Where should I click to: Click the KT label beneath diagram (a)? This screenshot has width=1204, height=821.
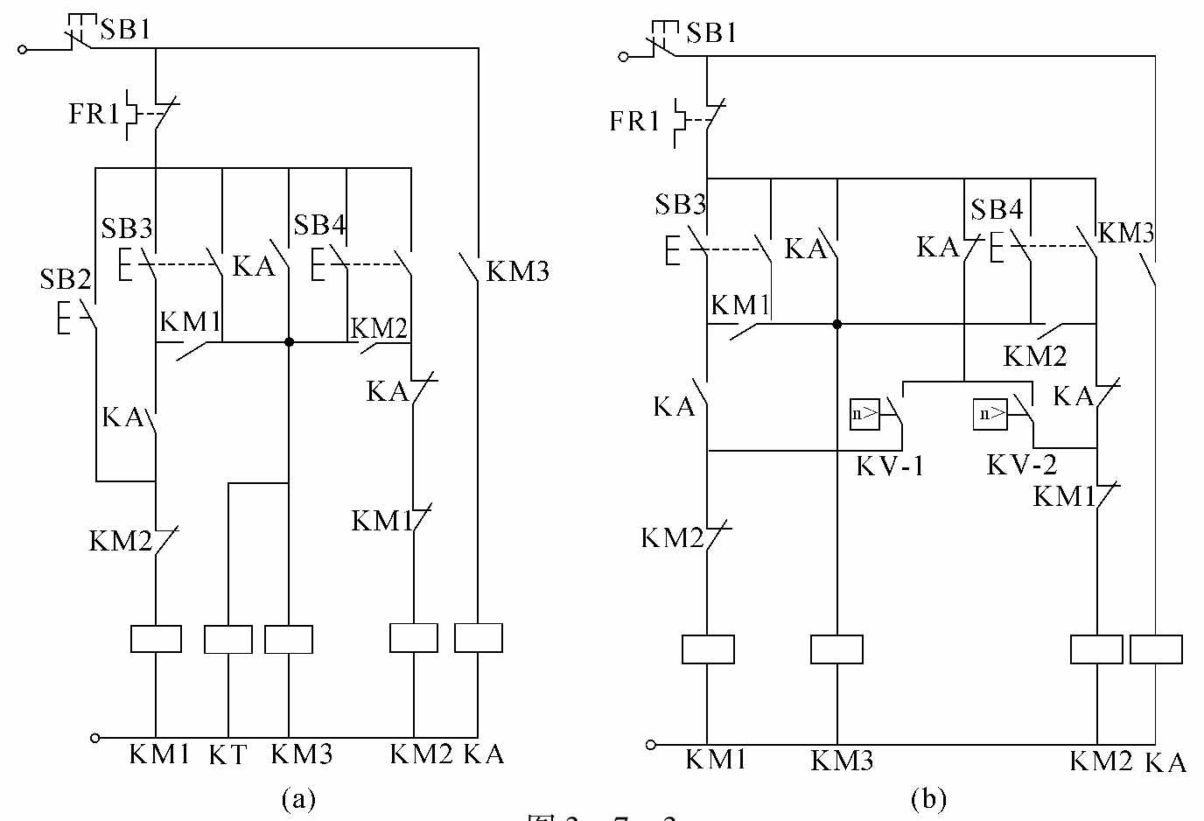pos(227,754)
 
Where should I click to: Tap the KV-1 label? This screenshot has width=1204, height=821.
pos(889,466)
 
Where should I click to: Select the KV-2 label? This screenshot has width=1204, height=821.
pos(1021,464)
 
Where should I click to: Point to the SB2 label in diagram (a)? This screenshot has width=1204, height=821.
pos(65,280)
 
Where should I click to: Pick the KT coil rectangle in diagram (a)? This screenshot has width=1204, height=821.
pos(227,639)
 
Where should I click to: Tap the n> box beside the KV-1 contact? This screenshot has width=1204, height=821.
pos(864,413)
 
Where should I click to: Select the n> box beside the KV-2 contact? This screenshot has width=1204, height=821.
pos(990,413)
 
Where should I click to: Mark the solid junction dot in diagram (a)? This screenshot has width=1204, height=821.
pos(289,341)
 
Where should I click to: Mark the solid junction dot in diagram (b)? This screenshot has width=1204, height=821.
pos(837,324)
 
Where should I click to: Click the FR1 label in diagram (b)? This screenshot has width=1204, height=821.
pos(634,121)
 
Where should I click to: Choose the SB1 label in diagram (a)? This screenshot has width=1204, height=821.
pos(125,31)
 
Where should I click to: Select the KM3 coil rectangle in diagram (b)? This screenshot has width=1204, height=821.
pos(837,649)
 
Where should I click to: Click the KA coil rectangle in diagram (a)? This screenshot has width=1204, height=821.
pos(479,638)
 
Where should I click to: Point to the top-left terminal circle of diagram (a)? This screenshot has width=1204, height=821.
pos(24,50)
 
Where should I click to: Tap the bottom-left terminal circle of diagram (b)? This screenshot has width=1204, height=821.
pos(650,745)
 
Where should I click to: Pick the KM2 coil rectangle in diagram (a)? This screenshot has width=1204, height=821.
pos(413,638)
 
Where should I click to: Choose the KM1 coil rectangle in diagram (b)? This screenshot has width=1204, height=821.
pos(707,649)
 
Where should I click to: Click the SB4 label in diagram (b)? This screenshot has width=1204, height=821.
pos(997,210)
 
